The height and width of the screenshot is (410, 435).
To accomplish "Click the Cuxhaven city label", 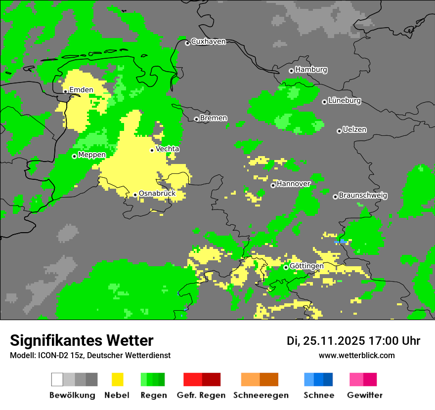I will coord(208,41).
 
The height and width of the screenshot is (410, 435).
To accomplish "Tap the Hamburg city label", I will coord(311,70).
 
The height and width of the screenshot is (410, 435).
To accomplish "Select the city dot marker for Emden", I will coord(65,91).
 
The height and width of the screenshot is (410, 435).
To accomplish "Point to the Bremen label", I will coord(214,118).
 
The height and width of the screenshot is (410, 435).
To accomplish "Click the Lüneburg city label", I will coord(344,101).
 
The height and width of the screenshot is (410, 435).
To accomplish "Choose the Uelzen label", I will coord(354,130).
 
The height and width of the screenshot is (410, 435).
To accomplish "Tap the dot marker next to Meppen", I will coord(74,156).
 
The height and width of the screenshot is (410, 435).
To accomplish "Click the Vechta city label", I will coord(168,149).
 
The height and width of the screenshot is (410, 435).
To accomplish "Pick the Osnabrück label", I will coord(157,194).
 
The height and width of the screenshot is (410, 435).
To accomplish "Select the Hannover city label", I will coord(294,184).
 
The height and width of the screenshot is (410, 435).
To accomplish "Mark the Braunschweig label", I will coord(363,196).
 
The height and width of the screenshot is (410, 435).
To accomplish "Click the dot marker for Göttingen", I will coord(286,267).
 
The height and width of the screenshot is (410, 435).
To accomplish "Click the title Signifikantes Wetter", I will coord(82,340).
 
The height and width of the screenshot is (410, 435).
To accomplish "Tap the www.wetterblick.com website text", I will coord(357,355).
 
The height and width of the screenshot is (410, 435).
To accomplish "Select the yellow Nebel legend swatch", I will coord(117,379).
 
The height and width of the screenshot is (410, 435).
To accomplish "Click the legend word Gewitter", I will coord(365,395).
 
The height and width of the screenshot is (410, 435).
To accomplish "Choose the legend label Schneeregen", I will coord(261,395).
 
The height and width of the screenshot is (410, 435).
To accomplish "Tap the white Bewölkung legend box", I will coord(57,379).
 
